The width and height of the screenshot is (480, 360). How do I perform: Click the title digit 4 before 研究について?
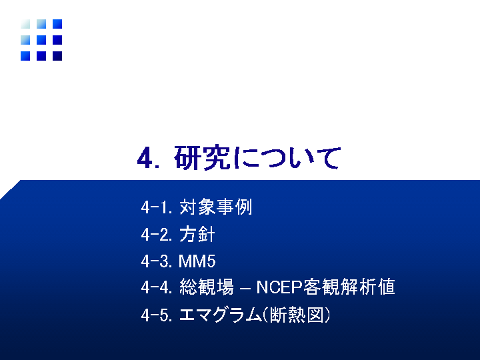[x=145, y=159]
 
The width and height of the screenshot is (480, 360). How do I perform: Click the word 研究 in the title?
[x=202, y=157]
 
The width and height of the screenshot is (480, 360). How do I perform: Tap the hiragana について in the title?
[x=287, y=157]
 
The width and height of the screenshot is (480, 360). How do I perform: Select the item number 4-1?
[x=156, y=207]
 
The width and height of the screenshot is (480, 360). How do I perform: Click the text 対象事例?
[x=215, y=207]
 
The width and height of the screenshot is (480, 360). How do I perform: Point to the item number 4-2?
[x=157, y=235]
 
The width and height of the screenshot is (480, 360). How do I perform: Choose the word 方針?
[x=197, y=234]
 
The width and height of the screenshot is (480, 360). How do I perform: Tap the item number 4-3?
[x=157, y=261]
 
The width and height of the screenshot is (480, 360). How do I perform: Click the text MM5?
[x=197, y=261]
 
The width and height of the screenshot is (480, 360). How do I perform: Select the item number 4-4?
[x=157, y=288]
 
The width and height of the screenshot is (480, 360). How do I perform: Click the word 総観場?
[x=207, y=287]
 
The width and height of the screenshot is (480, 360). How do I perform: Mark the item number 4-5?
[x=157, y=315]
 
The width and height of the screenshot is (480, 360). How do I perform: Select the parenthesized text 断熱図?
[x=296, y=315]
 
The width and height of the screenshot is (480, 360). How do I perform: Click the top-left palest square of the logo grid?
[x=25, y=24]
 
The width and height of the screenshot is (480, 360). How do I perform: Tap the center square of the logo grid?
[x=41, y=40]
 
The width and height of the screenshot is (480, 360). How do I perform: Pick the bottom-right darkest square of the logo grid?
[x=57, y=56]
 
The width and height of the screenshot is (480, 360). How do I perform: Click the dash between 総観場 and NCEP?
[x=245, y=289]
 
